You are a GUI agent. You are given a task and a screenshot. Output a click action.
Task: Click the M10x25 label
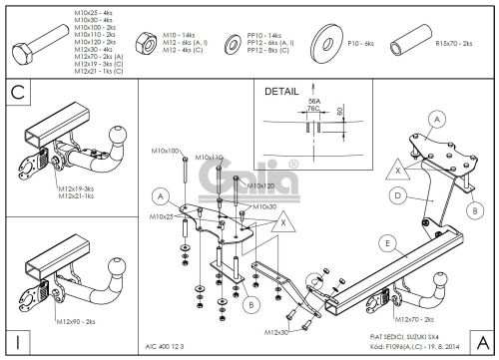(165, 215)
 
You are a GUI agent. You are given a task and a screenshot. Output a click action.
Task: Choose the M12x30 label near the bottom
(280, 328)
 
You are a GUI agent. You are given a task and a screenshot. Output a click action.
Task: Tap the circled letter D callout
(397, 196)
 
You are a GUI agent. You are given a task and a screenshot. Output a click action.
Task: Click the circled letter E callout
(385, 239)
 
